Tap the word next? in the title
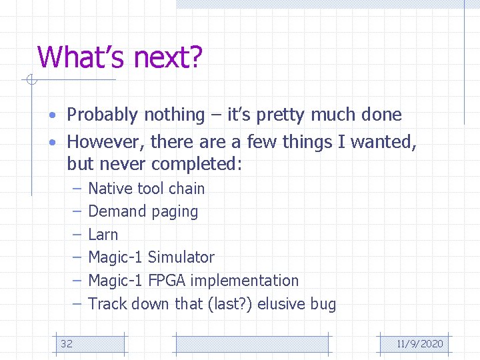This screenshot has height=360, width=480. tap(167, 57)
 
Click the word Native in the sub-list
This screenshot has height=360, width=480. tap(108, 189)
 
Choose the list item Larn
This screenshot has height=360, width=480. tap(103, 235)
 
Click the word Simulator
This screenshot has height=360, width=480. tap(181, 257)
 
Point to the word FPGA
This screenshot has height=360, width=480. tap(167, 281)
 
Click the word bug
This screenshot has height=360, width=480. tap(323, 305)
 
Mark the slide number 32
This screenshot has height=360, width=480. tap(67, 344)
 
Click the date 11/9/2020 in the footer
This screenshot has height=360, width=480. tap(419, 344)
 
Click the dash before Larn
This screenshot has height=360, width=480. tap(77, 235)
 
